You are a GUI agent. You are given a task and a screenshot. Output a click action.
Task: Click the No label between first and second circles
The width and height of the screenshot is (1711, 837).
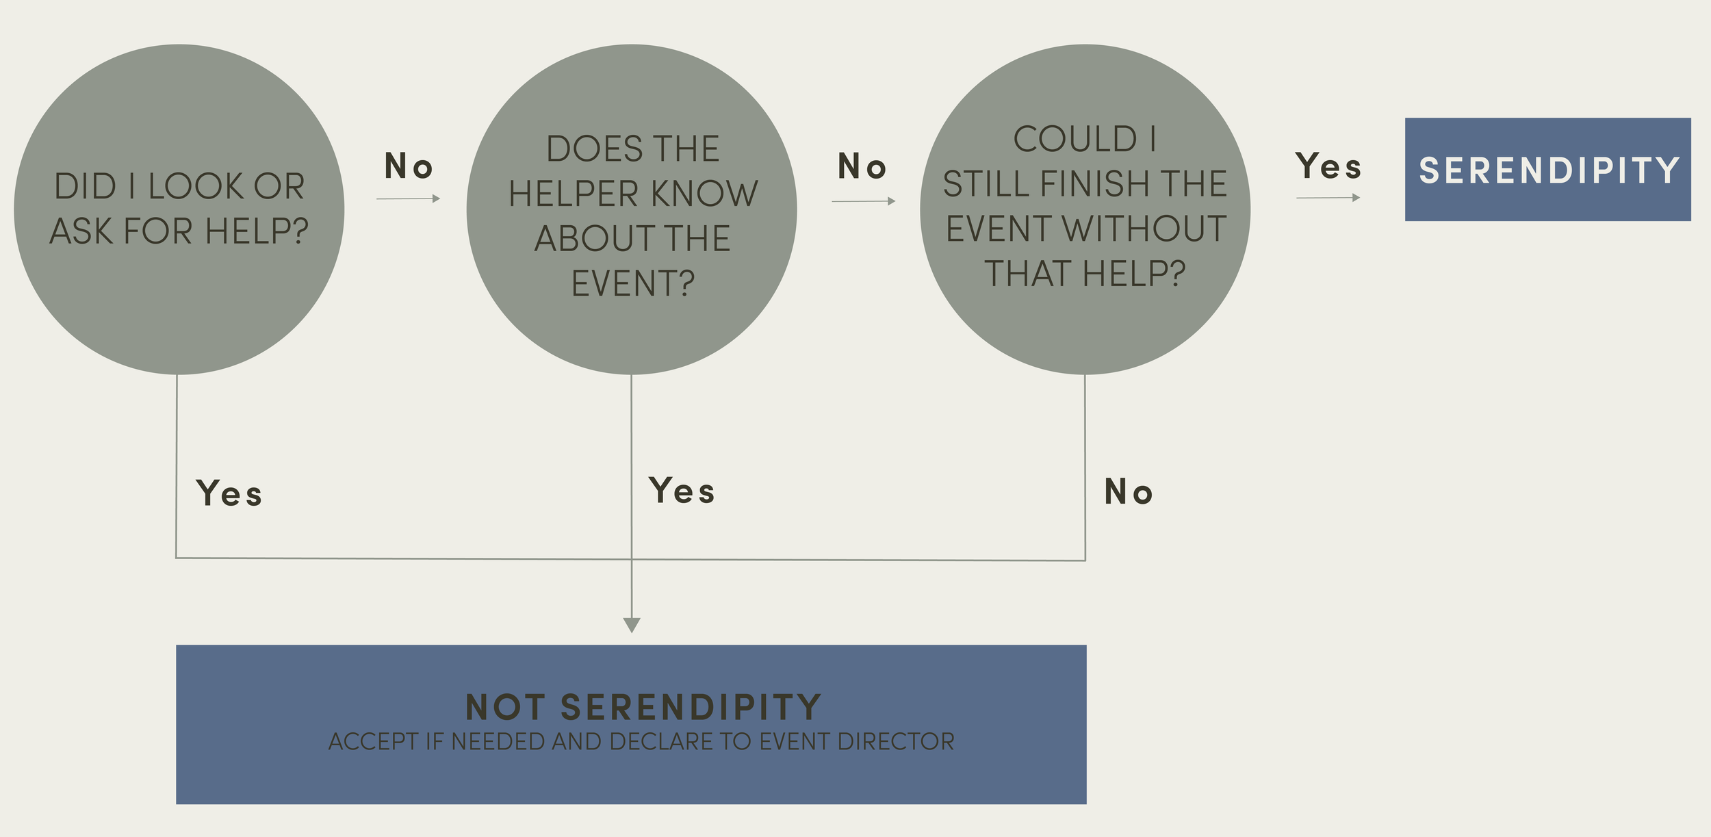pyautogui.click(x=409, y=166)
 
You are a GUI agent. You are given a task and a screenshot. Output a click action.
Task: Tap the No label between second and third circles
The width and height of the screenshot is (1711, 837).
pyautogui.click(x=862, y=166)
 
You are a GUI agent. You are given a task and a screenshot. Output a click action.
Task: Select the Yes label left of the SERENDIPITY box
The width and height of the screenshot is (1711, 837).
pyautogui.click(x=1328, y=166)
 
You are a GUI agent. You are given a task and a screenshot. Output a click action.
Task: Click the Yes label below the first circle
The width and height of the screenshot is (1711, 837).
pyautogui.click(x=229, y=493)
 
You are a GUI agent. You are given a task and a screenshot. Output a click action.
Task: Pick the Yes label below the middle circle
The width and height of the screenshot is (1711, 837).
pyautogui.click(x=682, y=491)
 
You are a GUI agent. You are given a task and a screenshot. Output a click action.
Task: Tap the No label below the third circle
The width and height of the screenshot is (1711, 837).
pyautogui.click(x=1129, y=492)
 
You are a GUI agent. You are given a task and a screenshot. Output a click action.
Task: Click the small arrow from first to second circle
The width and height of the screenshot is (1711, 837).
pyautogui.click(x=409, y=198)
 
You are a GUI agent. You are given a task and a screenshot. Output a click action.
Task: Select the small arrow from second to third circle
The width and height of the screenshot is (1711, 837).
pyautogui.click(x=864, y=201)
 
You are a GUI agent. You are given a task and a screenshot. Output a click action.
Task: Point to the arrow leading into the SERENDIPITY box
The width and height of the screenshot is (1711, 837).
pyautogui.click(x=1328, y=198)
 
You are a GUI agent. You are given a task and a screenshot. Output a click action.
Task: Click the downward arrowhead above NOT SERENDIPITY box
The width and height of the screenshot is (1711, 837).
pyautogui.click(x=632, y=624)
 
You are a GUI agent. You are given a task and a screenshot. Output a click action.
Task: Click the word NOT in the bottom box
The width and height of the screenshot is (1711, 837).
pyautogui.click(x=505, y=708)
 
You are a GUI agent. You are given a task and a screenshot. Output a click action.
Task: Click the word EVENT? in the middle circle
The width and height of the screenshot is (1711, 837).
pyautogui.click(x=633, y=283)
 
